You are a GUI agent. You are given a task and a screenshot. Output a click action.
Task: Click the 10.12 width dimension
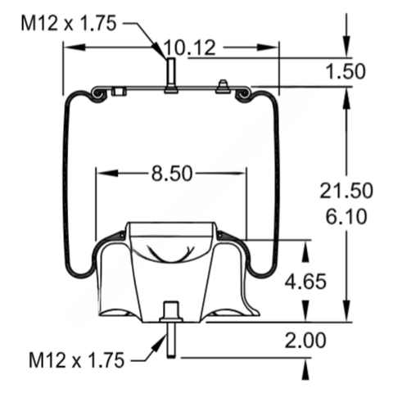tap(189, 48)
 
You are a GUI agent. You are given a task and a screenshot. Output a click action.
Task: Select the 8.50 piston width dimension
tap(172, 174)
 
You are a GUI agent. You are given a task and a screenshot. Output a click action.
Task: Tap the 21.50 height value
tap(346, 191)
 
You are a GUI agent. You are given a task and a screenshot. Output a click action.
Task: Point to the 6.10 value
tap(346, 217)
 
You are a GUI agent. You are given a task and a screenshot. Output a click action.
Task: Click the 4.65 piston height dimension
tap(305, 281)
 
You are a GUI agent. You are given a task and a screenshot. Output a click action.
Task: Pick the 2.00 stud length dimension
tap(305, 340)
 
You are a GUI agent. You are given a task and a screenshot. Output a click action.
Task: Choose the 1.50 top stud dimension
tap(346, 71)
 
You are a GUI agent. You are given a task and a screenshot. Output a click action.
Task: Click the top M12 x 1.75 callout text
tap(69, 23)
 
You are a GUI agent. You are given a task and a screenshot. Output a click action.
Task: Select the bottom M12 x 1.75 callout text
tap(76, 360)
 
